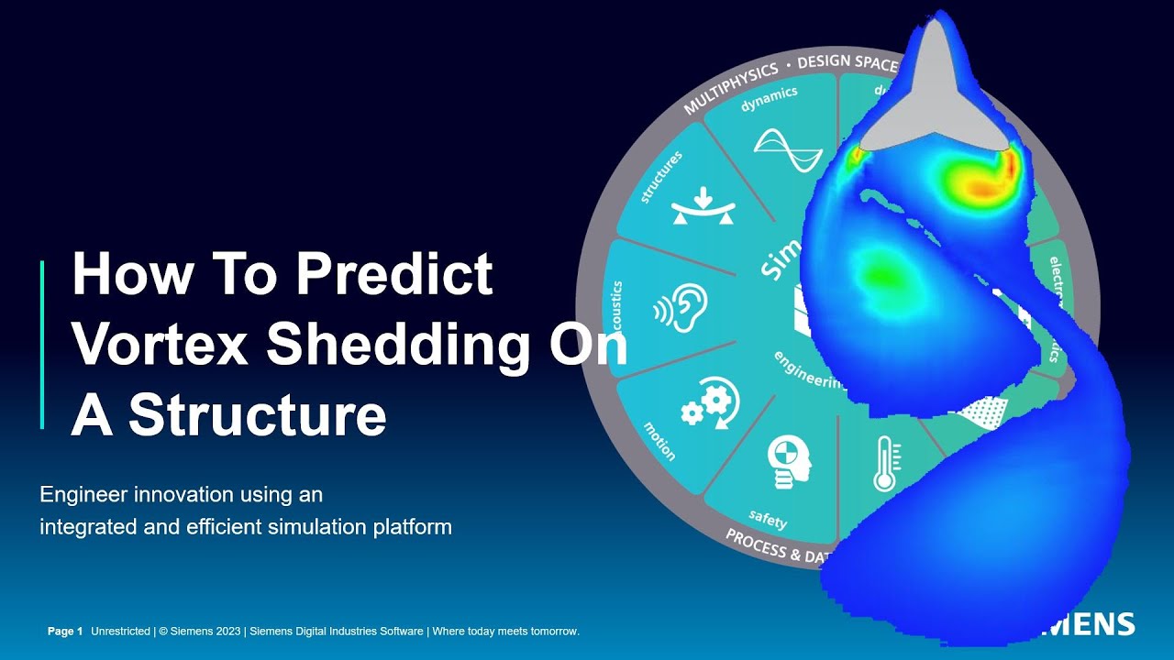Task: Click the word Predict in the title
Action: pos(395,275)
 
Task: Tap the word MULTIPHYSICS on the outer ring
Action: pos(730,88)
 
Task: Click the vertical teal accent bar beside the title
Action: pos(42,345)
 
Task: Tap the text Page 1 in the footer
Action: pos(65,632)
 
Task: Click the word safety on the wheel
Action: pos(768,521)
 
